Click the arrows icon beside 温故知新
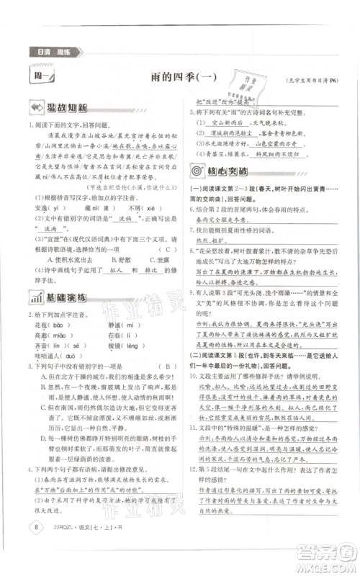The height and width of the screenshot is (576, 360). (x=35, y=109)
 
